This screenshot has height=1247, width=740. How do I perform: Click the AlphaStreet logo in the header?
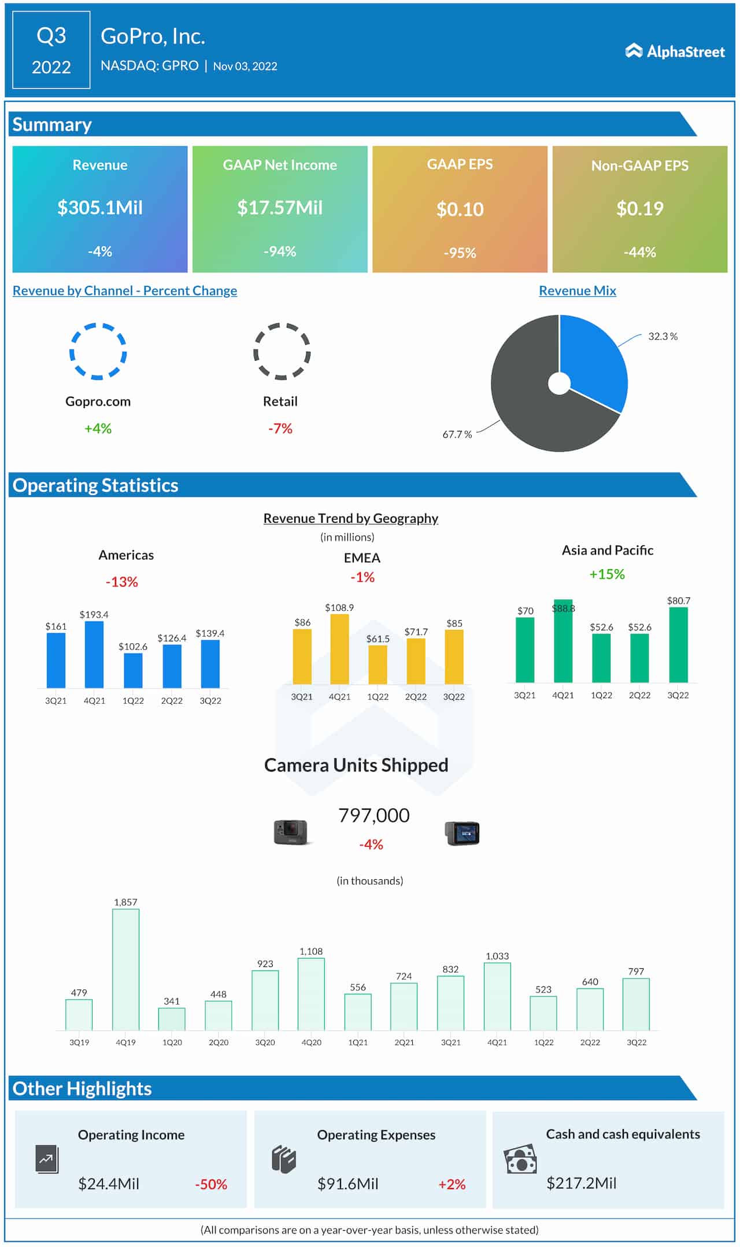pos(675,51)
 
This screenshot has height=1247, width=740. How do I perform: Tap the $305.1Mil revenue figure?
pos(100,208)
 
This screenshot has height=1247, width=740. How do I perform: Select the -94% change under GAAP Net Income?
pos(280,252)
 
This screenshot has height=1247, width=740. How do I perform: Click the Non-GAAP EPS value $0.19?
pos(639,208)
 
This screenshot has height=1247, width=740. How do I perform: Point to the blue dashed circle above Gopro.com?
pos(98,351)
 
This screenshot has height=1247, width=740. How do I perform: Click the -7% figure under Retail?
pos(280,429)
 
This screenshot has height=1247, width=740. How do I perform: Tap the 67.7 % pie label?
pos(457,434)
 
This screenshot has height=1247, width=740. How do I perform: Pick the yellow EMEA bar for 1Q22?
pos(378,665)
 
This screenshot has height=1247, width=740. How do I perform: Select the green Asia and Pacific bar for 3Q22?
pos(678,644)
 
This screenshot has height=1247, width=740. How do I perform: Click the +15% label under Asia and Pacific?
pos(606,574)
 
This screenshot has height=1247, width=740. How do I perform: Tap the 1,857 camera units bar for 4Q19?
pos(125,970)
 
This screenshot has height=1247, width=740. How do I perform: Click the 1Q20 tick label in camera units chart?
pos(172,1042)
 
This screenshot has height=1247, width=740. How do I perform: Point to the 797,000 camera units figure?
pos(373,816)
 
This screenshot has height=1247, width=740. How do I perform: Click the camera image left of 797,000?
pos(291,833)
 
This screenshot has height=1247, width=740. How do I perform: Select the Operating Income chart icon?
pos(47,1159)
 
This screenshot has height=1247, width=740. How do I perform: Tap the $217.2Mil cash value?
pos(581,1183)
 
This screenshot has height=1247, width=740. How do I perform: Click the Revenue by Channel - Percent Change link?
pos(125,291)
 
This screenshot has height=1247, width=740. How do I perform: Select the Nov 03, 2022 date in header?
pos(245,67)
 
